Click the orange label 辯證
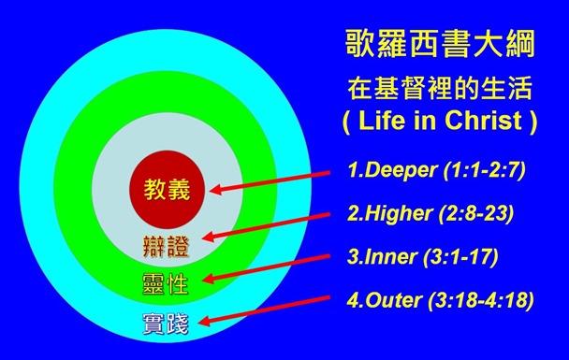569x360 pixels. point(166,247)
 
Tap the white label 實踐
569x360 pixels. point(165,325)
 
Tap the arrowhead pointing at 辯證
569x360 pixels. point(208,239)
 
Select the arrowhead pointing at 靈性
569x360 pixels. point(209,279)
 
